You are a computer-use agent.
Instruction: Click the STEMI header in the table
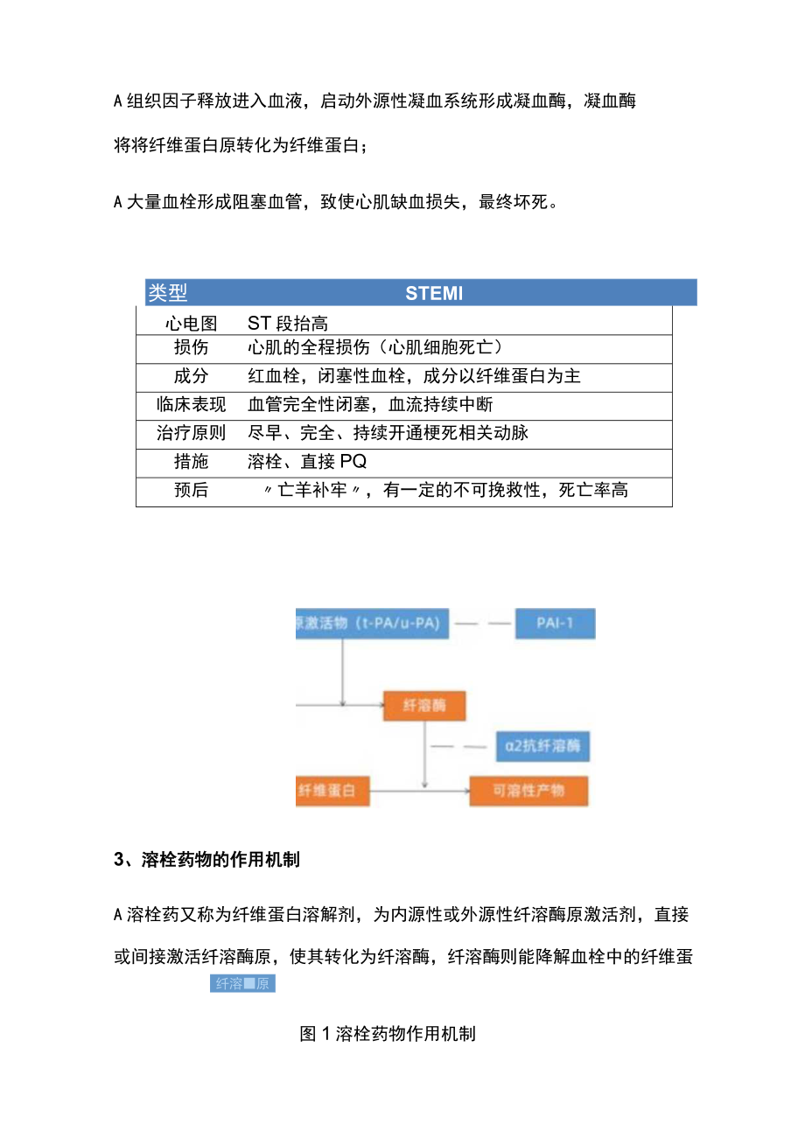click(434, 293)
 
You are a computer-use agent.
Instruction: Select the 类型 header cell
click(168, 293)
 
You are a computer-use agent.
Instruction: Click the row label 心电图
click(191, 324)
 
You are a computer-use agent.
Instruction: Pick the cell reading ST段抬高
click(288, 324)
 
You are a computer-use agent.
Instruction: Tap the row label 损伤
click(191, 348)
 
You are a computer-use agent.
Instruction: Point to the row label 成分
click(191, 376)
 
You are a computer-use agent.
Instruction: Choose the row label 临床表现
click(191, 404)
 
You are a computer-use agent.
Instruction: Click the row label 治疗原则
click(191, 433)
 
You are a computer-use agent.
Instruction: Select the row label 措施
click(191, 462)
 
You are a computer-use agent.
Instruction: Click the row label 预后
click(191, 490)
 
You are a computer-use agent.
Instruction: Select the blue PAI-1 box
click(555, 624)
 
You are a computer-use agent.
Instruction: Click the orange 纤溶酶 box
click(424, 706)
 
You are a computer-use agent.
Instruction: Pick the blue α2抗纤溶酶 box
click(542, 747)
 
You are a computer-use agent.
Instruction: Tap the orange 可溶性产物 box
click(528, 791)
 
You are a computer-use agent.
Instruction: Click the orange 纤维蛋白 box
click(332, 791)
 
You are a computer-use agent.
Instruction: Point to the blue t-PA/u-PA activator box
click(372, 624)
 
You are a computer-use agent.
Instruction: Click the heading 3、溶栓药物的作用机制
click(207, 860)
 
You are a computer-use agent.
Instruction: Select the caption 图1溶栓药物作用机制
click(388, 1033)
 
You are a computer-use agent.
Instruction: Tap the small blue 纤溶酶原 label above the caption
click(243, 983)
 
